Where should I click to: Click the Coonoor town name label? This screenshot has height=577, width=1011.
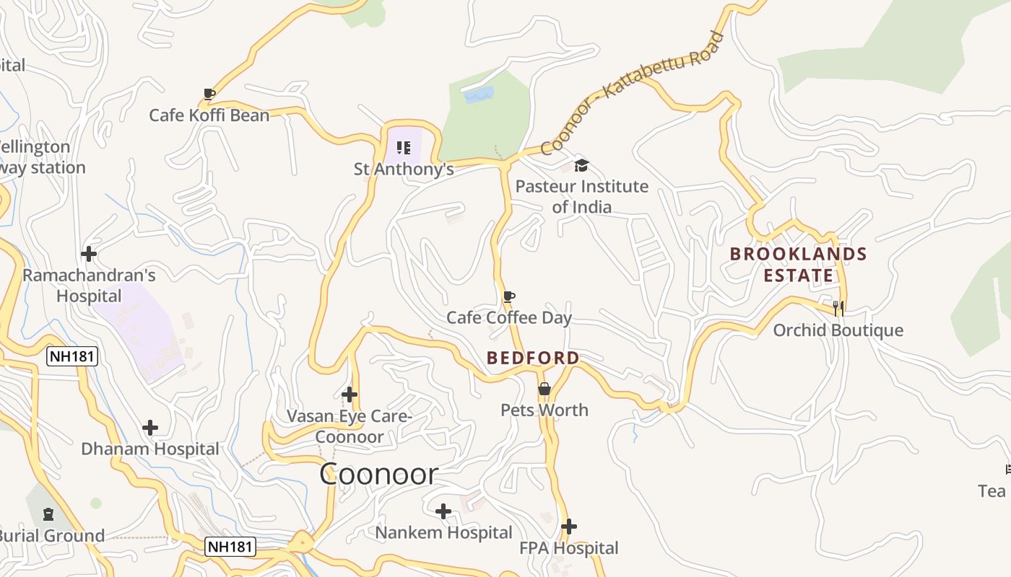378,474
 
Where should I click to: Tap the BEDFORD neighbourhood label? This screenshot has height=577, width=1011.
533,358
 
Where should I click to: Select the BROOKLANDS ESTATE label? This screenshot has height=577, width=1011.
798,264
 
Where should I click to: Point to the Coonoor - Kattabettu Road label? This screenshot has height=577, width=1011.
632,93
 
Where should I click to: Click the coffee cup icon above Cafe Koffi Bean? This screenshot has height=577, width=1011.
209,94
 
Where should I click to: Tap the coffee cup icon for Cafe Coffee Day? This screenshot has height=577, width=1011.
509,296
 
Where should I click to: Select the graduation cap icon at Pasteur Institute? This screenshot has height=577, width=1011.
581,166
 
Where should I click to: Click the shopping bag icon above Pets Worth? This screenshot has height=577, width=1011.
544,389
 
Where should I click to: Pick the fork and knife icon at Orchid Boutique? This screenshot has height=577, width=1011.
838,309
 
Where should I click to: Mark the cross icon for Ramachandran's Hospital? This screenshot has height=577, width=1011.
89,254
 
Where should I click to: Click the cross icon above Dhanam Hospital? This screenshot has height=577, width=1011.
150,428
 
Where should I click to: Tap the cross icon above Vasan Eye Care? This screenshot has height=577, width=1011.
350,395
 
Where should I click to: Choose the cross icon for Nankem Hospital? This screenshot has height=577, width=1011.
443,511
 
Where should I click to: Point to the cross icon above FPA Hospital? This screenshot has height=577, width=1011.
569,527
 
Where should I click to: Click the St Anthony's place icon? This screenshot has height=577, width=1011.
404,148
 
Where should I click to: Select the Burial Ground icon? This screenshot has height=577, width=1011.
48,514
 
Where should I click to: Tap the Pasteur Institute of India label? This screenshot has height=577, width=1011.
581,196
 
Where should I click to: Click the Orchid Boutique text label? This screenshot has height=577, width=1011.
838,330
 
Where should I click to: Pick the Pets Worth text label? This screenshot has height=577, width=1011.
544,410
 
